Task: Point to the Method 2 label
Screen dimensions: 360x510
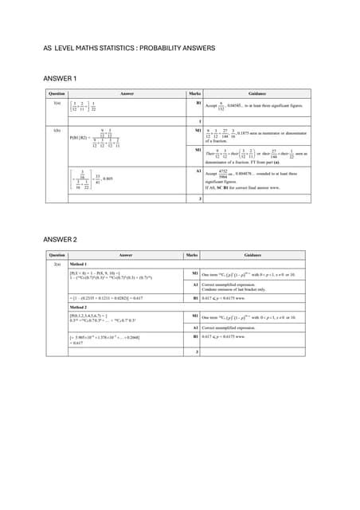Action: pos(78,305)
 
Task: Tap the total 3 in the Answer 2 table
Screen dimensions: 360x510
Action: pos(195,352)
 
